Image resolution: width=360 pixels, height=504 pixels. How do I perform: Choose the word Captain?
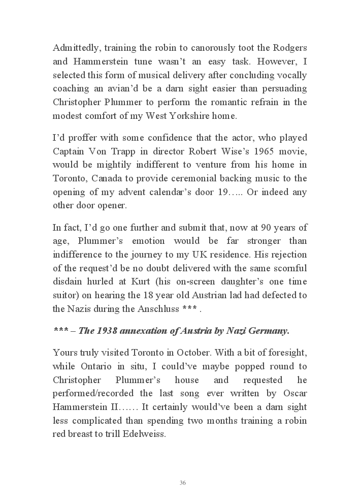(70, 151)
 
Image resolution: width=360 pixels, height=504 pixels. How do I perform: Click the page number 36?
(183, 483)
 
